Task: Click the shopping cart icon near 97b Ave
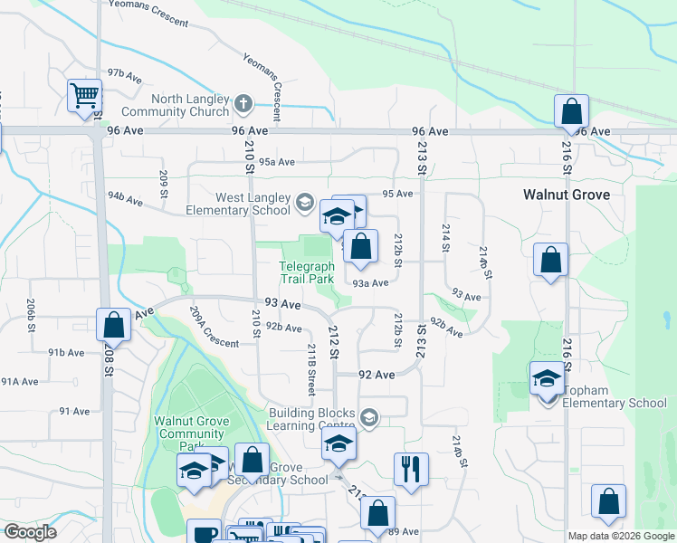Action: pyautogui.click(x=85, y=95)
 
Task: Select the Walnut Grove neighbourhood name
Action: pyautogui.click(x=566, y=195)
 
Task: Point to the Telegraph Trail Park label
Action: pyautogui.click(x=307, y=272)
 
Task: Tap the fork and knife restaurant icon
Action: pyautogui.click(x=411, y=469)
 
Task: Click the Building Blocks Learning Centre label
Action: pyautogui.click(x=310, y=418)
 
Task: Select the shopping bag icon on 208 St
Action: pyautogui.click(x=113, y=324)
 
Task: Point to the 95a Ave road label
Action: pyautogui.click(x=277, y=163)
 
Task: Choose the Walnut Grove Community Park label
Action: pyautogui.click(x=190, y=433)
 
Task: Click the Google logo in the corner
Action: pyautogui.click(x=30, y=532)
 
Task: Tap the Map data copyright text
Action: pyautogui.click(x=621, y=536)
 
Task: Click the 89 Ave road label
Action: pyautogui.click(x=404, y=531)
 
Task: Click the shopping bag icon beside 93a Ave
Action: pyautogui.click(x=360, y=247)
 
